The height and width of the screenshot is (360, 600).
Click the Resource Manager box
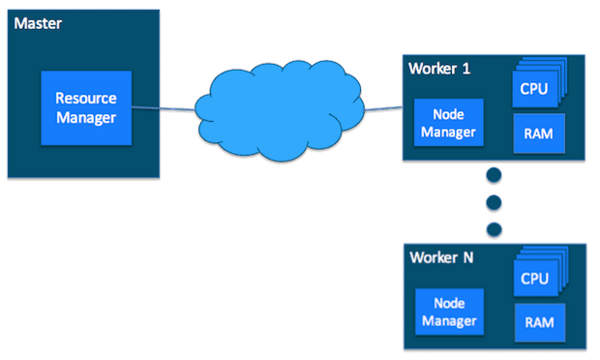point(85,107)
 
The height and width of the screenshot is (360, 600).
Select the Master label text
point(38,21)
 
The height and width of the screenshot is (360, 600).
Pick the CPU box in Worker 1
point(533,90)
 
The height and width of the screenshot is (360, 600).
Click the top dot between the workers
point(494,176)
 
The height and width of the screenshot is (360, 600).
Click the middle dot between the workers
point(494,202)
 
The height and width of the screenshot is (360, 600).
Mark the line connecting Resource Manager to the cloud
point(160,108)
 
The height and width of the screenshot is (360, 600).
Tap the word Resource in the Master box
point(85,99)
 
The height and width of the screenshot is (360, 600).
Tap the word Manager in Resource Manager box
point(85,117)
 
